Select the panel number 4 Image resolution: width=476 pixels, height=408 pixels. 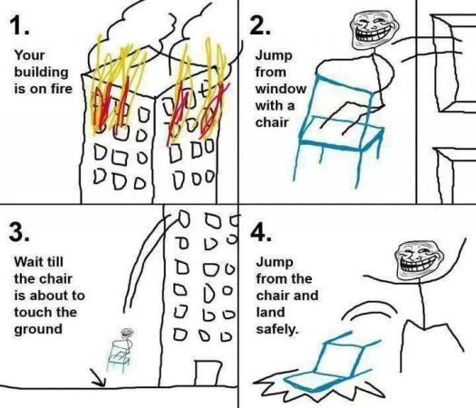pyautogui.click(x=262, y=232)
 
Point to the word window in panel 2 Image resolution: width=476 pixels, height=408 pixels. pyautogui.click(x=280, y=90)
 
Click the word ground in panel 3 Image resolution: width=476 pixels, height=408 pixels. pyautogui.click(x=35, y=328)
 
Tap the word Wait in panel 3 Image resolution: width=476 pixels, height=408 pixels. pyautogui.click(x=27, y=261)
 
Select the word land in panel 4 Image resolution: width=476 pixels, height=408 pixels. pyautogui.click(x=270, y=311)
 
